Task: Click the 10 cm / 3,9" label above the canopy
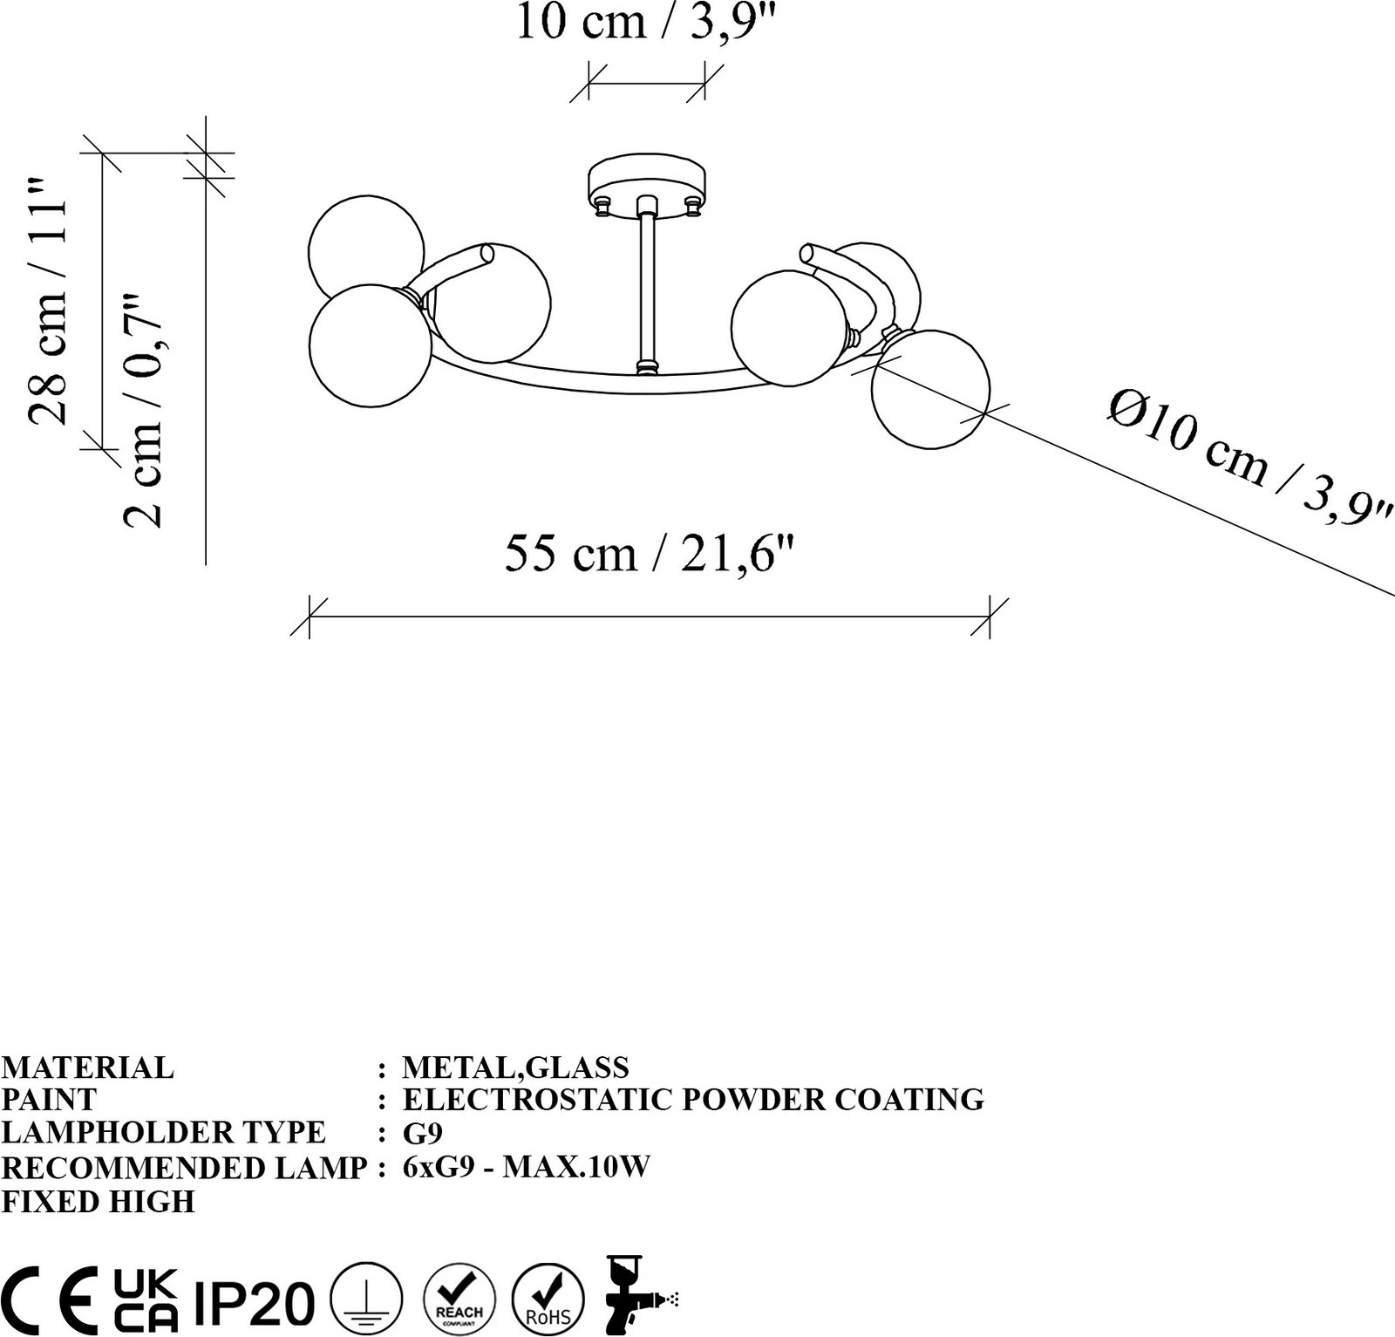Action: (646, 21)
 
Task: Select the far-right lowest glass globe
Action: (931, 389)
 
